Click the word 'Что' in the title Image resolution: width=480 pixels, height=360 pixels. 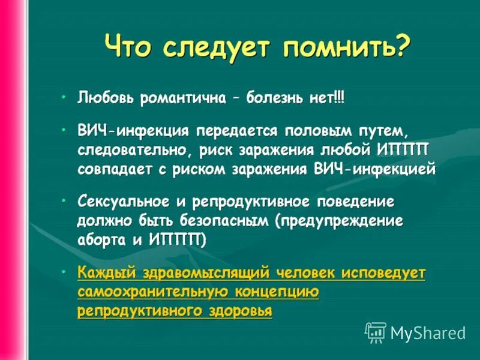129,46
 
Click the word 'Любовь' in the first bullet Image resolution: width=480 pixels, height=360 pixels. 106,98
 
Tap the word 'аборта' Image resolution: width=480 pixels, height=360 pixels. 99,240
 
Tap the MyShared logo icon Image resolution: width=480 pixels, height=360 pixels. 376,332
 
